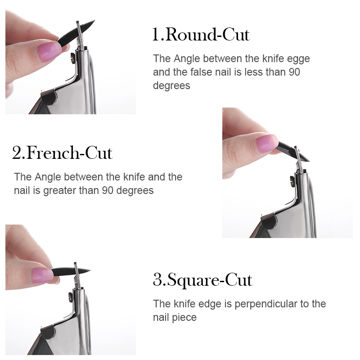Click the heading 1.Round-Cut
[x=201, y=35]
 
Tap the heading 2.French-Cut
[x=62, y=153]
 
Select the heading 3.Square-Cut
[x=202, y=280]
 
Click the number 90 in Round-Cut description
[x=294, y=72]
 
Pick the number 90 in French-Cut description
[x=108, y=190]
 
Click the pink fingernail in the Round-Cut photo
[x=49, y=52]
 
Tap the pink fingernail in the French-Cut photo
[x=267, y=144]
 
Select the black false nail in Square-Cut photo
[x=71, y=271]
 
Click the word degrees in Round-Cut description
[x=171, y=86]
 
